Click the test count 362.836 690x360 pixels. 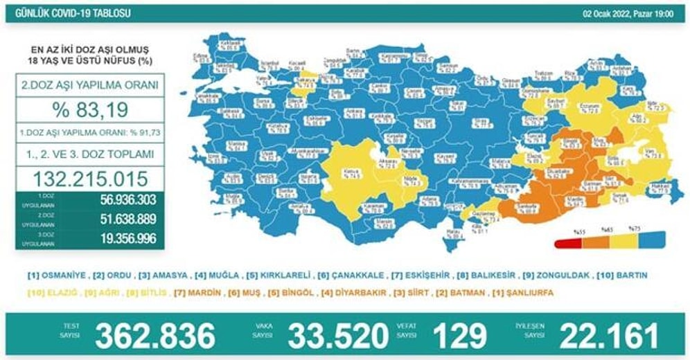(x=155, y=336)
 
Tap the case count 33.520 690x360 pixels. (x=337, y=336)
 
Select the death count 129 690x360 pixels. (x=459, y=336)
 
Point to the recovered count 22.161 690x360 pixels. (x=609, y=336)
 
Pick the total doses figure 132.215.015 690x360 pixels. (x=90, y=179)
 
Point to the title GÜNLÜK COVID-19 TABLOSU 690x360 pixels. (x=69, y=14)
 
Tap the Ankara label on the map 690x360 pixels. (x=354, y=111)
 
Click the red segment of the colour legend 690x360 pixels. (x=567, y=243)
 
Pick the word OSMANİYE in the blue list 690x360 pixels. (x=62, y=275)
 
